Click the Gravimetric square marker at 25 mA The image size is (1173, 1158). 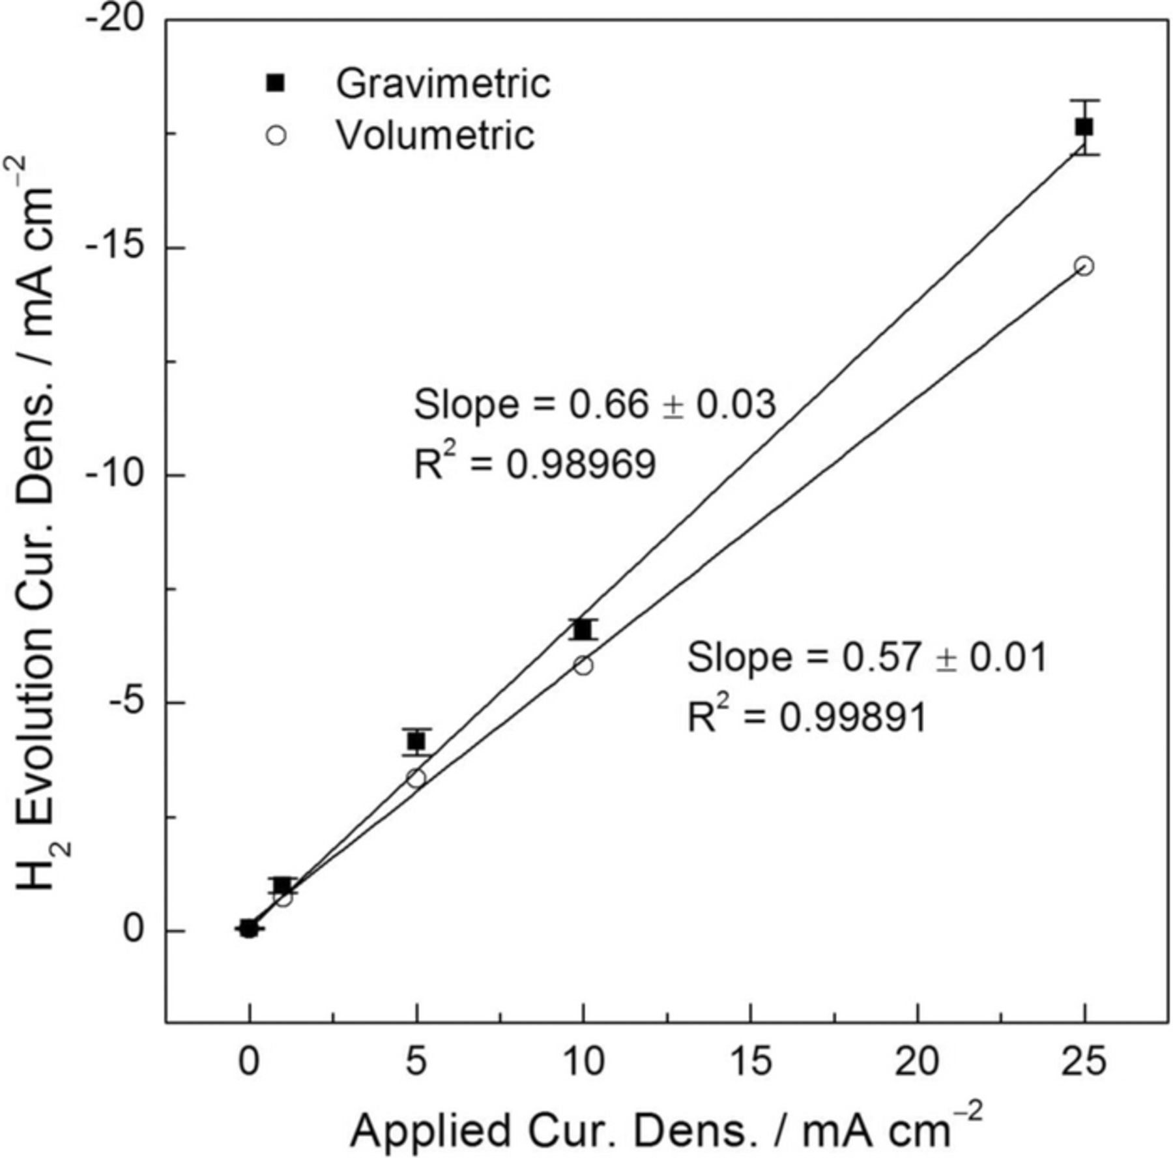tap(1084, 127)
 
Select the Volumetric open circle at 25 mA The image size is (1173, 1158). tap(1084, 266)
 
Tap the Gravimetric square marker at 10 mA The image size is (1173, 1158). tap(583, 630)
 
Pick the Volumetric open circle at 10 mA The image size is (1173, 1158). tap(583, 665)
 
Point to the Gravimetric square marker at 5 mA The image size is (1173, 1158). tap(416, 742)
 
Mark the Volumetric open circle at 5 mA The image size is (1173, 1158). tap(416, 778)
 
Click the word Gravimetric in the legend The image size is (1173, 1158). tap(443, 83)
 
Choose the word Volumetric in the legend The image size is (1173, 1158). tap(435, 136)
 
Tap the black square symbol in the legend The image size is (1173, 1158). tap(276, 83)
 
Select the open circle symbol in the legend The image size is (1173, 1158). tap(276, 136)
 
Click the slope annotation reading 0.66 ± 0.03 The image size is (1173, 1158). tap(595, 405)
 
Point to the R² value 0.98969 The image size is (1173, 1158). tap(534, 465)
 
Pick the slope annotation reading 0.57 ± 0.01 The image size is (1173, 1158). tap(867, 657)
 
